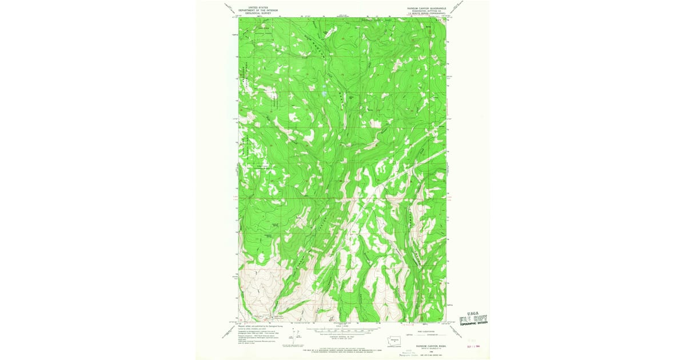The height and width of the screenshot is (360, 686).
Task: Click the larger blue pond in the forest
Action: [324, 93]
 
